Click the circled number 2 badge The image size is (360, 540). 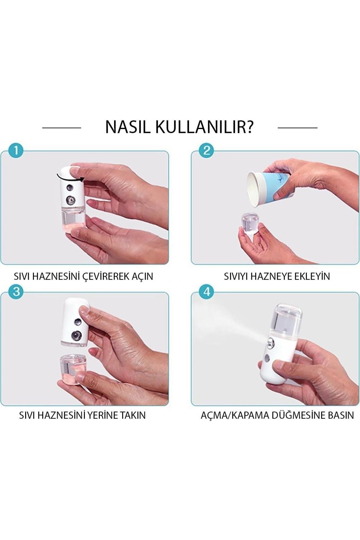206,150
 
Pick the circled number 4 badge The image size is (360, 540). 206,291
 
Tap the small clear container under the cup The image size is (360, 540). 250,223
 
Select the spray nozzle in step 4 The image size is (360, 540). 270,342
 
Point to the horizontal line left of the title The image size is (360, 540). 61,128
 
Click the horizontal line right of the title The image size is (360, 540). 298,128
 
